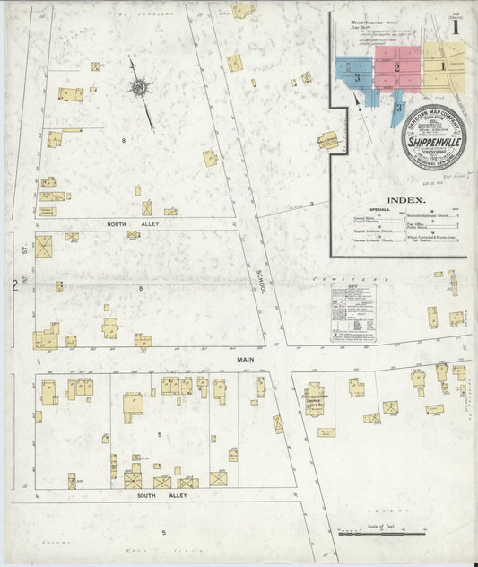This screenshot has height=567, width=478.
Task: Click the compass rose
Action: (x=140, y=88)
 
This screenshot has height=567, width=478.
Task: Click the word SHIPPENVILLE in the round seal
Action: (x=433, y=141)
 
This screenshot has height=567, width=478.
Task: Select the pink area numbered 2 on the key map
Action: (x=397, y=68)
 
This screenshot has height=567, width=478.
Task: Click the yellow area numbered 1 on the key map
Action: (x=442, y=65)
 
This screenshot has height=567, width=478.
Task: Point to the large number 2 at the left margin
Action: (x=15, y=286)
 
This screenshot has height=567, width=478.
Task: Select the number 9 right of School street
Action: (x=311, y=205)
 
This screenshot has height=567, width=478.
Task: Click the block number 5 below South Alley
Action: (x=164, y=533)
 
